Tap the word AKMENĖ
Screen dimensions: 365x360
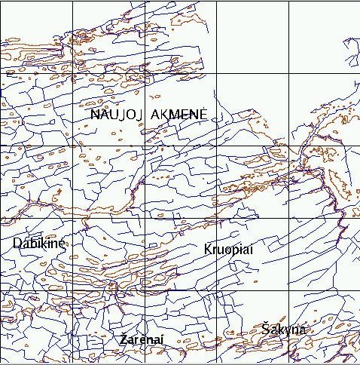(x=179, y=114)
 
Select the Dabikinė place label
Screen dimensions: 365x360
(x=39, y=243)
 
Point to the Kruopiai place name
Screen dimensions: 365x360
(x=227, y=249)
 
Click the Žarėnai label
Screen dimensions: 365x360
(x=142, y=340)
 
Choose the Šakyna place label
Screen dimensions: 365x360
(x=284, y=330)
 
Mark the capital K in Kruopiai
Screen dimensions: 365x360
(x=208, y=248)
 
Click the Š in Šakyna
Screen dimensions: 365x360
(x=267, y=329)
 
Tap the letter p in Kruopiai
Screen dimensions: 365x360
(x=235, y=250)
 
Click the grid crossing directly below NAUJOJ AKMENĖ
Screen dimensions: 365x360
(x=145, y=146)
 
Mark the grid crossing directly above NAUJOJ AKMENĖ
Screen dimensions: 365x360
(x=145, y=73)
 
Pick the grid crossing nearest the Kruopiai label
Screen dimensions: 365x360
(x=217, y=219)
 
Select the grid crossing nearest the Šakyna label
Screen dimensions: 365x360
(x=289, y=292)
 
